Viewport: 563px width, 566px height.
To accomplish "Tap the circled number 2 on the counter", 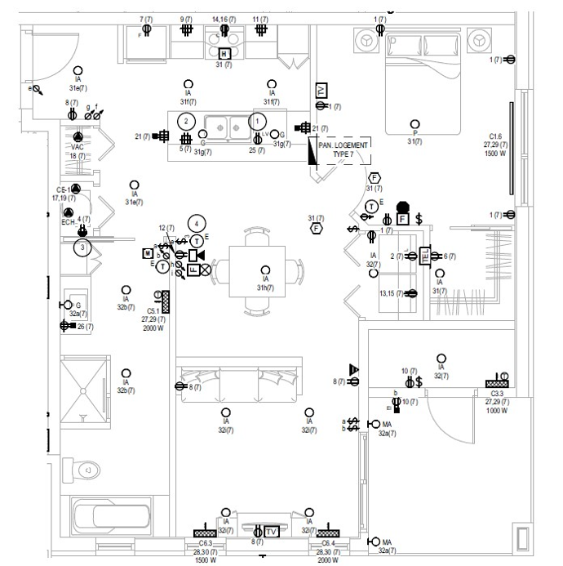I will tap(186, 121).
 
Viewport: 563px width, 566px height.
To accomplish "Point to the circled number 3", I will tap(82, 247).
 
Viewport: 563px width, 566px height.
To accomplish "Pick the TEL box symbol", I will tap(424, 256).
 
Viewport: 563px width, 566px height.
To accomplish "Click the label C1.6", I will tap(495, 136).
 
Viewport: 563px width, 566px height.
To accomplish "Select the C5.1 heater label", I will tap(153, 311).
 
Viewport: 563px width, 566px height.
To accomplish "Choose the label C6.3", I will tap(205, 543).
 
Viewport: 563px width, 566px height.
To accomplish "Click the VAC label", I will tap(78, 147).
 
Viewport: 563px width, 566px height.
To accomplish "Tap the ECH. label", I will tap(68, 221).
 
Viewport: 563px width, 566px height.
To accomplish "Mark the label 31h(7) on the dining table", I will tap(264, 287).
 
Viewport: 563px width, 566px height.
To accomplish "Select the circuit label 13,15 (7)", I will tap(391, 293).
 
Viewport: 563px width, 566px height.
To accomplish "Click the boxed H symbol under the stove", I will tap(225, 53).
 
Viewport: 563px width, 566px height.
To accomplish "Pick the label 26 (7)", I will tap(85, 326).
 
